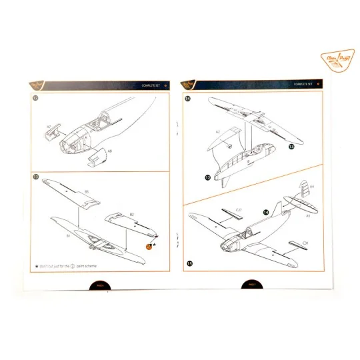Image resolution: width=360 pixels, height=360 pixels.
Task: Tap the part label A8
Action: click(x=109, y=152)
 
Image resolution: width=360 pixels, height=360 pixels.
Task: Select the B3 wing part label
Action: click(x=86, y=192)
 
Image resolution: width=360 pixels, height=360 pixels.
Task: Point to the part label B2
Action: click(x=131, y=215)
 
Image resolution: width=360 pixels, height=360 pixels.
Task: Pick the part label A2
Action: click(x=217, y=131)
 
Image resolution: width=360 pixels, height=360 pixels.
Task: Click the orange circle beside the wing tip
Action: click(x=149, y=245)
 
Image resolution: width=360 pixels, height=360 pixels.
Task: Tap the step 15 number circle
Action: click(x=191, y=264)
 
